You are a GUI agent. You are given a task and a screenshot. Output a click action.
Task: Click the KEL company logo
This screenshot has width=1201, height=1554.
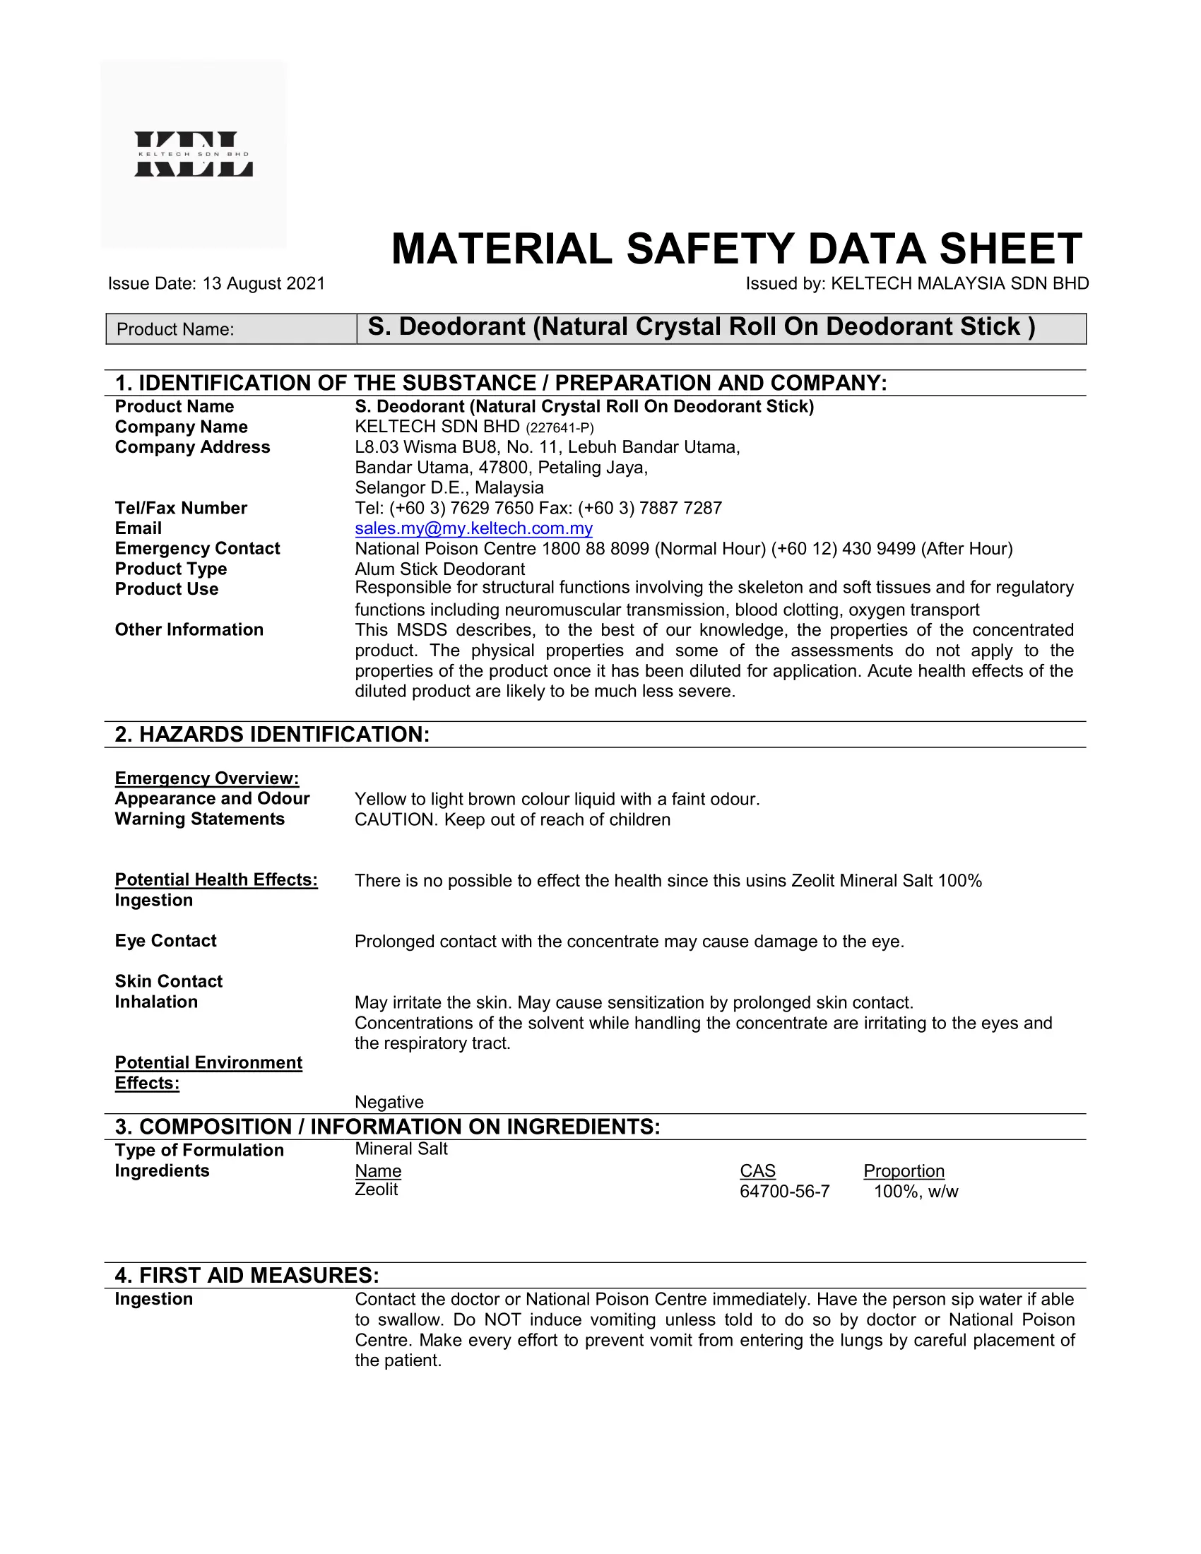click(x=194, y=154)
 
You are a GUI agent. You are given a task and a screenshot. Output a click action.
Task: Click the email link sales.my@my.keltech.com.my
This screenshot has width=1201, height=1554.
click(x=473, y=528)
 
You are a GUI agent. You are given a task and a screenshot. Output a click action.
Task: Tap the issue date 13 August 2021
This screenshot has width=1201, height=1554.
click(x=264, y=283)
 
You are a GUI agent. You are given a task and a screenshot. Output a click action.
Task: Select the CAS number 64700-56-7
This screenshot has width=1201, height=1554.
click(x=784, y=1191)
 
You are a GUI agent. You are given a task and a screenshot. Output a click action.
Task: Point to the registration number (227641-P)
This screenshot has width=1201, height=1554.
click(x=560, y=427)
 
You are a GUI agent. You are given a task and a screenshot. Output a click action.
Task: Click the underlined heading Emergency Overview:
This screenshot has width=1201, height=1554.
click(x=206, y=778)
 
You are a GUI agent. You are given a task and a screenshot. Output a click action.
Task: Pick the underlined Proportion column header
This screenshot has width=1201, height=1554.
click(x=904, y=1170)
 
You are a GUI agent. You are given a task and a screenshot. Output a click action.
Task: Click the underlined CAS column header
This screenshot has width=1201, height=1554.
click(x=757, y=1170)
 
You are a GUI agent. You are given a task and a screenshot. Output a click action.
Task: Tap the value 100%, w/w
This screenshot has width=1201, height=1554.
click(x=916, y=1191)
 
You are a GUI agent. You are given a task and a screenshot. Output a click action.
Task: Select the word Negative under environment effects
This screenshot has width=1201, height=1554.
click(x=389, y=1102)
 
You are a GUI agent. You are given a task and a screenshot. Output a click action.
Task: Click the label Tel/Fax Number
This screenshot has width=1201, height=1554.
click(x=181, y=508)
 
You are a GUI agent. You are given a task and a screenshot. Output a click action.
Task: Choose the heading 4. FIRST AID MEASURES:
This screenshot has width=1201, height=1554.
click(x=247, y=1275)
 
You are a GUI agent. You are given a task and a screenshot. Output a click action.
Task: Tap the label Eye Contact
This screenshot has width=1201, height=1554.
click(x=166, y=941)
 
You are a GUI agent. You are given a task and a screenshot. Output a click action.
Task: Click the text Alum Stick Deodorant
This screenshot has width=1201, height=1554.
click(x=439, y=569)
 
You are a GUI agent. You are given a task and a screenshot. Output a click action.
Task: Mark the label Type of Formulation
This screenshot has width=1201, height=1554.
click(x=199, y=1150)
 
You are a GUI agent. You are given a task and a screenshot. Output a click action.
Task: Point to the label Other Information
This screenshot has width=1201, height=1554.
click(x=189, y=629)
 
